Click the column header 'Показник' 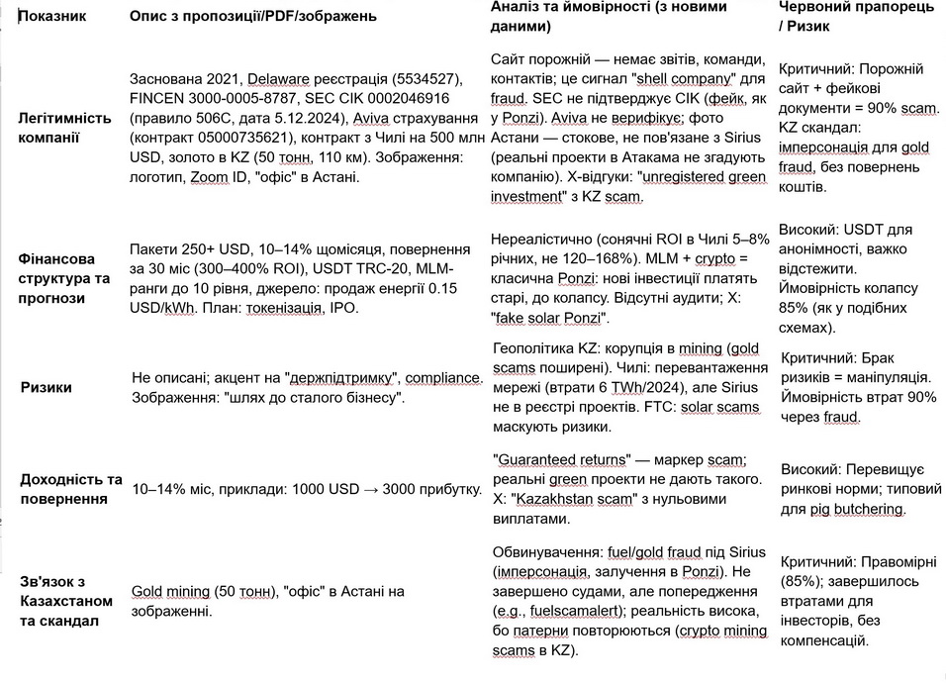(53, 17)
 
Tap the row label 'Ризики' (47, 387)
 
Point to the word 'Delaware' (279, 78)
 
